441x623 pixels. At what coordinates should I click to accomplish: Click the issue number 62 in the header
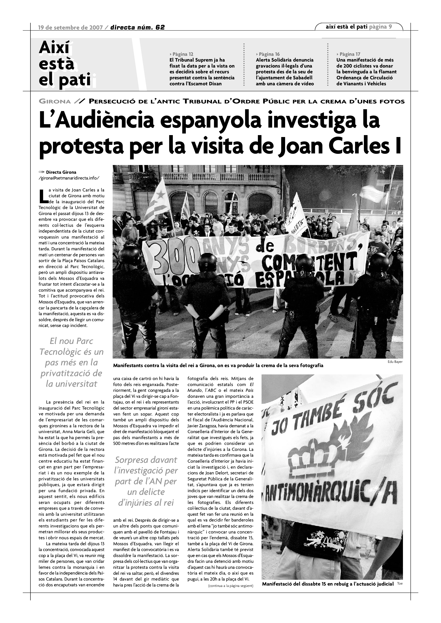pos(160,27)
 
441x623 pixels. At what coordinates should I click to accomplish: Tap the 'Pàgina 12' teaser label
pos(181,54)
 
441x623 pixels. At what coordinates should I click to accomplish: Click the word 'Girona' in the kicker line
pos(55,102)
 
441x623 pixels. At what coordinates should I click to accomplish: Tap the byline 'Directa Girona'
pos(61,172)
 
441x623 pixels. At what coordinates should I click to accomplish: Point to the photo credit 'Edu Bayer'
pos(395,362)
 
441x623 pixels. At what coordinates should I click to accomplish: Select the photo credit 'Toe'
pos(399,583)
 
